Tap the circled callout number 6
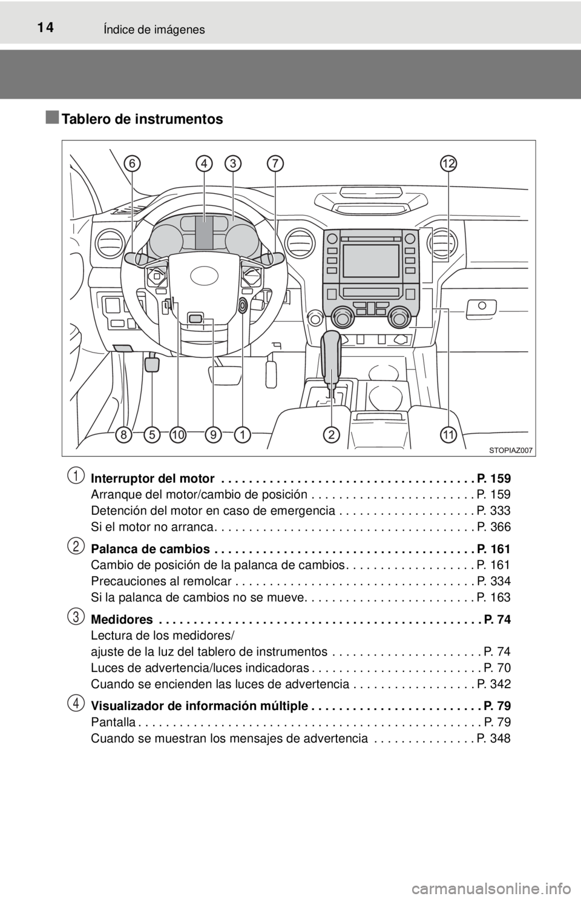pos(133,163)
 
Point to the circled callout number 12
pos(448,163)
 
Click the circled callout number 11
pos(448,434)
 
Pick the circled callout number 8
pos(125,434)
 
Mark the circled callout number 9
pos(214,434)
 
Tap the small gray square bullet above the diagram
pos(51,116)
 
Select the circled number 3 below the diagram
pos(76,616)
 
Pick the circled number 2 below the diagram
pos(76,546)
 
